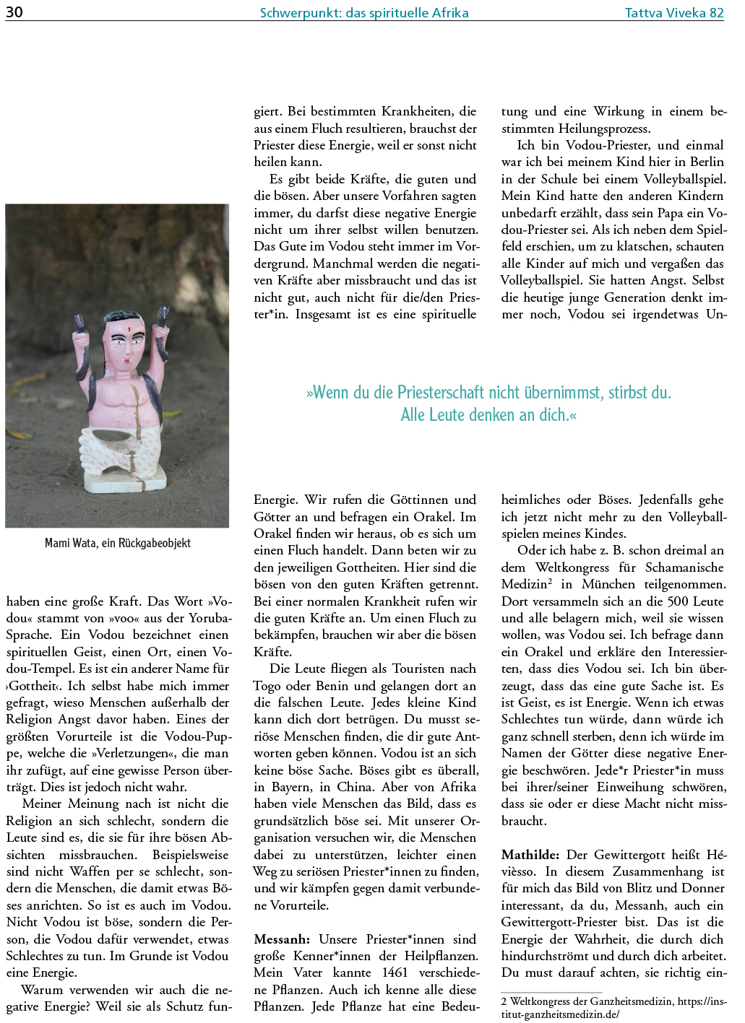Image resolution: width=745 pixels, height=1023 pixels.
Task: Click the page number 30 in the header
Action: (x=14, y=12)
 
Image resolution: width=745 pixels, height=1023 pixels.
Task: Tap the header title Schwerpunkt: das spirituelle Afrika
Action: (x=364, y=12)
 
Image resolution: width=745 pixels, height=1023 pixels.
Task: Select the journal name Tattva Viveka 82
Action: (x=673, y=12)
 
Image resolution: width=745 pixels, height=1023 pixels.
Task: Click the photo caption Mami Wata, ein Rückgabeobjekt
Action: (x=118, y=543)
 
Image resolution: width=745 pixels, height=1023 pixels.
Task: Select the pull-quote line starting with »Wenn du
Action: (x=488, y=393)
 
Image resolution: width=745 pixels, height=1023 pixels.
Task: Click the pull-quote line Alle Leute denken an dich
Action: (x=488, y=415)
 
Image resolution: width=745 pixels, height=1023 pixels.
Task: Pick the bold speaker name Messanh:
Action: (x=282, y=939)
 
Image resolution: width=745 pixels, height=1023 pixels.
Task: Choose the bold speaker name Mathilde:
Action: (x=530, y=855)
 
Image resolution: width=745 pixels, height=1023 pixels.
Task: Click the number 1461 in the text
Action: (x=395, y=972)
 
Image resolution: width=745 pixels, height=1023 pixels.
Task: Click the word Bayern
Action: (x=288, y=787)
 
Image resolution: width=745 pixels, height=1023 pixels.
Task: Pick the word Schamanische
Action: (x=684, y=567)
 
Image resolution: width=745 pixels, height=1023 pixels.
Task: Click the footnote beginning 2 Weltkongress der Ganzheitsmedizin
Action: (x=613, y=1007)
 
